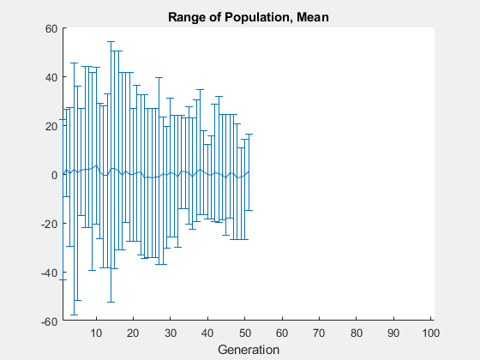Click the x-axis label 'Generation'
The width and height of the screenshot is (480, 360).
click(248, 350)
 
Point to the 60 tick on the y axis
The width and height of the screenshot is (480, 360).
click(51, 28)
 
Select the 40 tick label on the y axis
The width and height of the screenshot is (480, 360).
click(51, 77)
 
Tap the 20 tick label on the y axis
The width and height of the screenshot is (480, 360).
click(51, 126)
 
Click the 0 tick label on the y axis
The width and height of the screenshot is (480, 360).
click(53, 175)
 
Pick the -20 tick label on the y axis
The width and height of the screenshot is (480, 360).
click(49, 224)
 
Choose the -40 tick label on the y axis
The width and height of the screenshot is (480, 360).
click(49, 273)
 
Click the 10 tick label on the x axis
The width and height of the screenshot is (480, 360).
click(97, 332)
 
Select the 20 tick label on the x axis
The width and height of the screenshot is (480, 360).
click(134, 332)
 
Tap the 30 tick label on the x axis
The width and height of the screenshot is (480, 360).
click(171, 332)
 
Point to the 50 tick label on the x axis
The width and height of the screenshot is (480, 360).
click(245, 332)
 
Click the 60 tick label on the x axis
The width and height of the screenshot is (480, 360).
click(283, 332)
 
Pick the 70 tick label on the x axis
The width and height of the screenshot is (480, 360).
click(320, 332)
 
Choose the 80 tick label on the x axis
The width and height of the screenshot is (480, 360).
click(357, 332)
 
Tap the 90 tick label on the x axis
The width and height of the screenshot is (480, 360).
click(394, 332)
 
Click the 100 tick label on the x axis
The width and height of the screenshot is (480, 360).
click(430, 332)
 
